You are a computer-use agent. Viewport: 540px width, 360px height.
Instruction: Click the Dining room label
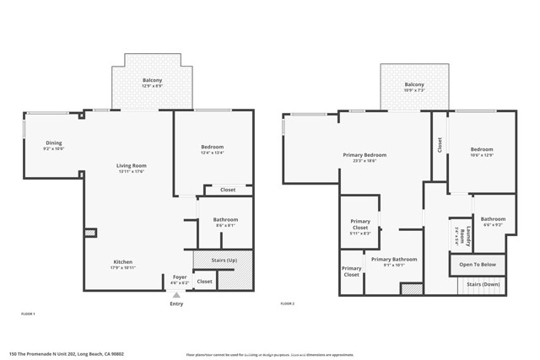[53, 142]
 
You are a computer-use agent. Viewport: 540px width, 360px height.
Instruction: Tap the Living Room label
[131, 165]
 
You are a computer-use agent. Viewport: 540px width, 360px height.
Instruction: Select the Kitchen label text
[122, 262]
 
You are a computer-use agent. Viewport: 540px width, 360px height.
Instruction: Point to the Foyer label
[180, 277]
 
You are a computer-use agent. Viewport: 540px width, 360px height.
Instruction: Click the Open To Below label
[478, 265]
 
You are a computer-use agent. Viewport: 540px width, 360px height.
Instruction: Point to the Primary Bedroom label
[364, 155]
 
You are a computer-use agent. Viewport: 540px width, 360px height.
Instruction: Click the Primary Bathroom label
[393, 259]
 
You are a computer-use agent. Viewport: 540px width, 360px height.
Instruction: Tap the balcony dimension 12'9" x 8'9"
[152, 85]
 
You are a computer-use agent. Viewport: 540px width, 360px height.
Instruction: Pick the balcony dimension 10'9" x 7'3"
[413, 89]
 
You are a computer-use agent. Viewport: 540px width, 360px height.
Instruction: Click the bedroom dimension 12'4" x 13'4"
[212, 153]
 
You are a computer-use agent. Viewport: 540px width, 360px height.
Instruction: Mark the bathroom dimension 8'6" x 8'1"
[225, 225]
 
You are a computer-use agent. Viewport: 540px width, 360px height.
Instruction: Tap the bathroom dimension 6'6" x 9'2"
[493, 224]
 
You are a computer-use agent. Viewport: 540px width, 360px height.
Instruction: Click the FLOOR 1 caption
[28, 313]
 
